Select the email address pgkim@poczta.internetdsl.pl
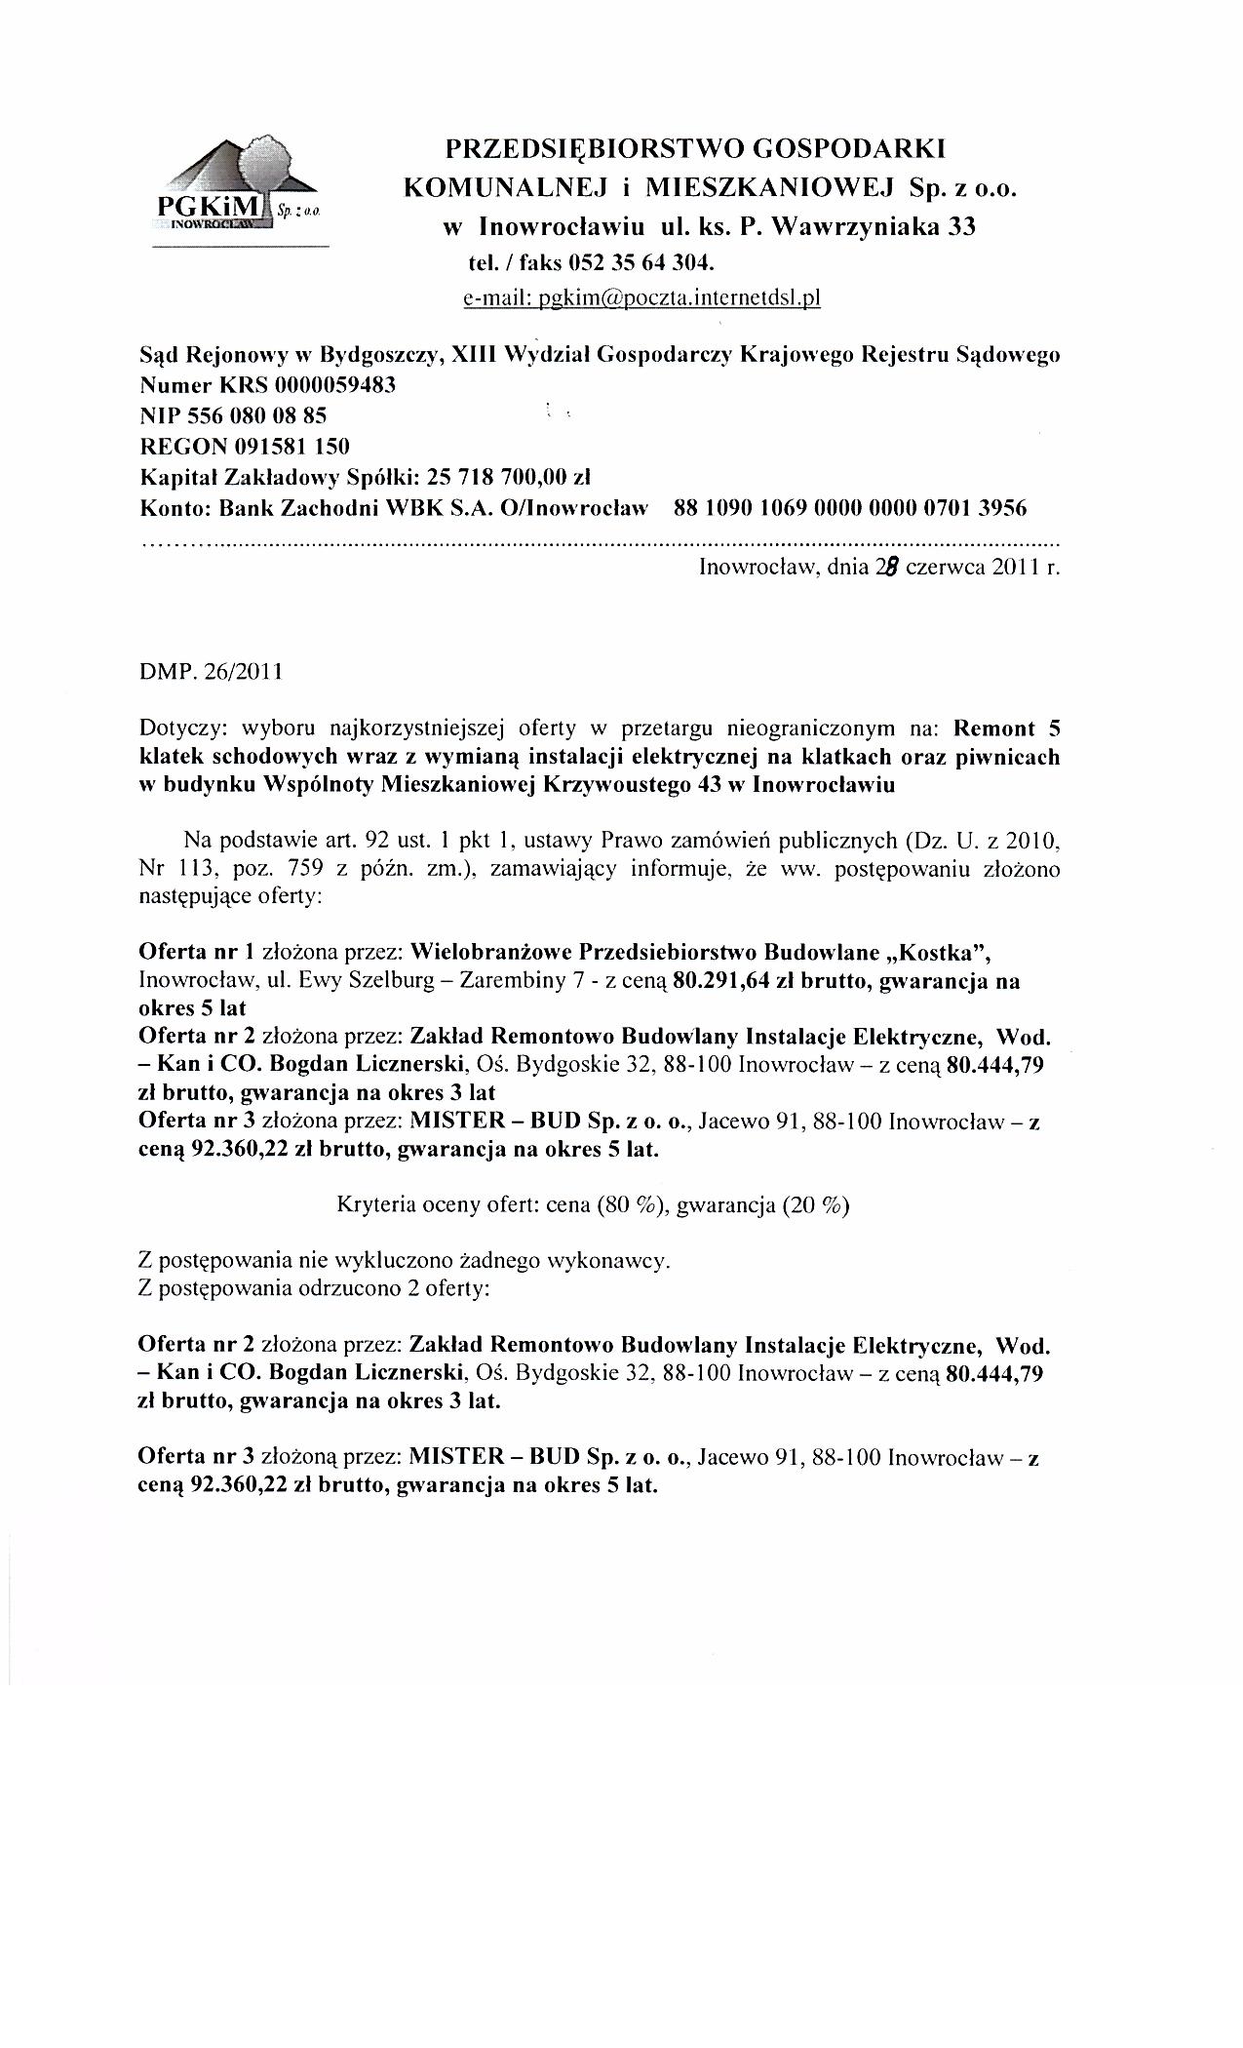tap(641, 297)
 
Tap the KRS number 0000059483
tap(335, 384)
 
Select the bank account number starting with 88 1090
tap(850, 508)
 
